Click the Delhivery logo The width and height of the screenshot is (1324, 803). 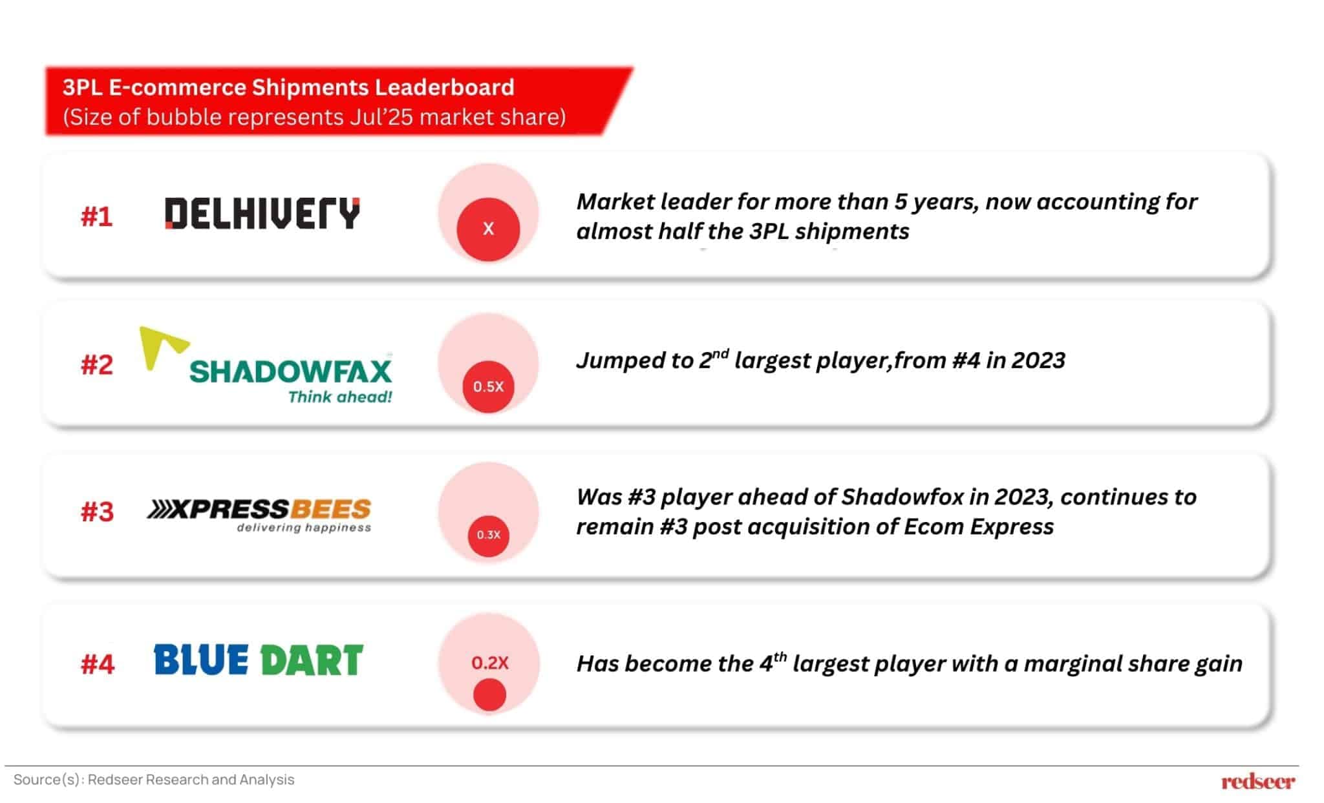click(262, 213)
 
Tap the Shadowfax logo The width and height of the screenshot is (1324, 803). click(266, 366)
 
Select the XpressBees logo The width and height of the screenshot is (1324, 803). click(259, 515)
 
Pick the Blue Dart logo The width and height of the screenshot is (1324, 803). click(259, 660)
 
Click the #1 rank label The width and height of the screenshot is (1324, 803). click(97, 217)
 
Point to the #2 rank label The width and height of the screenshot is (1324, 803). click(97, 365)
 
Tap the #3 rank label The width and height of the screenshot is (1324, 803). click(97, 512)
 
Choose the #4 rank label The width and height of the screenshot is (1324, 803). click(98, 664)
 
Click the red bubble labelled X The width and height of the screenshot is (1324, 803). click(488, 229)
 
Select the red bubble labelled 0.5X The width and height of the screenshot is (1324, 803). click(488, 386)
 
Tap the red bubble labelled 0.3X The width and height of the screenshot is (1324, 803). click(489, 535)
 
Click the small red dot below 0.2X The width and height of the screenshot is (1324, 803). click(489, 696)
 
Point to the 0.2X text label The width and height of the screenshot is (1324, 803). click(490, 663)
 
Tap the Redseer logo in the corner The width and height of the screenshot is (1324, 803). click(1258, 782)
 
